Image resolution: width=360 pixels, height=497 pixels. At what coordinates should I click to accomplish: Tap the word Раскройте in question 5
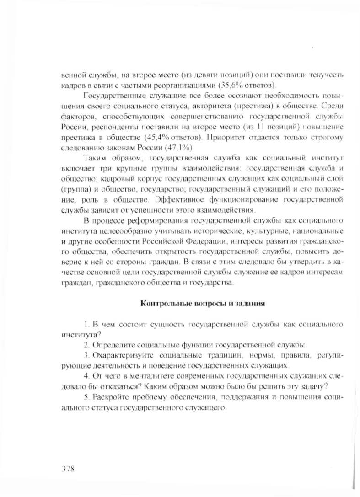(116, 396)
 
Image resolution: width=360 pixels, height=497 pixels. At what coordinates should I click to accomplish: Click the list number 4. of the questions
(87, 376)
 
